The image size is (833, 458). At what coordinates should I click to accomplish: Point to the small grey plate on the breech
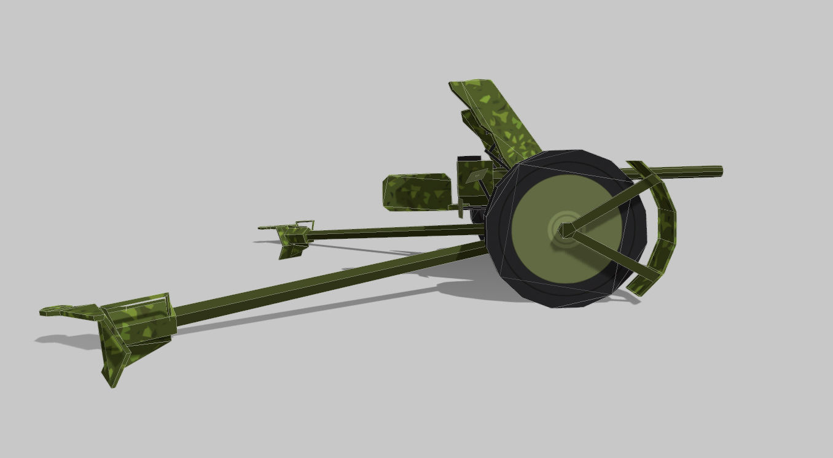(475, 177)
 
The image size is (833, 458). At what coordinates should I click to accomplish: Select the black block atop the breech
(469, 159)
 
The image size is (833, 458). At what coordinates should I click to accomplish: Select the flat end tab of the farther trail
(268, 228)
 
